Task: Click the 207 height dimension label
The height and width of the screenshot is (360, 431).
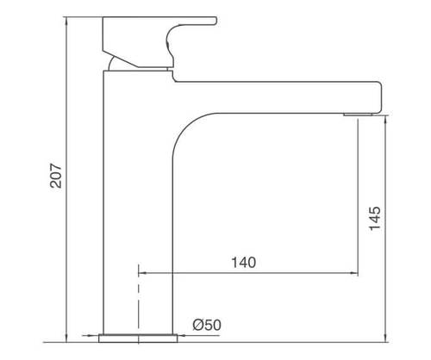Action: [56, 176]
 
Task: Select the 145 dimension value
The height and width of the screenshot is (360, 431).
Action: [375, 218]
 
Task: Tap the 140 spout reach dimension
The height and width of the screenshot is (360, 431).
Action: [244, 263]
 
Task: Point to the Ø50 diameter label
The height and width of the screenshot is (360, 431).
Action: [207, 325]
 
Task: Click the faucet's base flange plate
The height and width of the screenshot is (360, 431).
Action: [138, 338]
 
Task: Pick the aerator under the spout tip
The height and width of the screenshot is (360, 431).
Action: [358, 115]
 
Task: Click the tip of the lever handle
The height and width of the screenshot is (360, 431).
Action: [215, 21]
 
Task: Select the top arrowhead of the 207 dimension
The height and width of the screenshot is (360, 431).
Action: [66, 21]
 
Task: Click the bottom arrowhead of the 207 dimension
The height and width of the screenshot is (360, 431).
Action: [66, 338]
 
